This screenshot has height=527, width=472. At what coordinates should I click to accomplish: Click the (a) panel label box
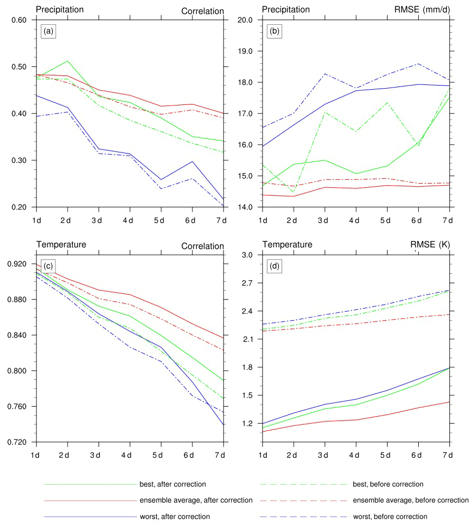[49, 31]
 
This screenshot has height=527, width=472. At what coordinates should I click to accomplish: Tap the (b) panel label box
[274, 31]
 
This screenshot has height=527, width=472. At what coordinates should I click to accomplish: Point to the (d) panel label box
[274, 266]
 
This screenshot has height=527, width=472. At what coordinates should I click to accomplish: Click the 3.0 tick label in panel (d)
[248, 255]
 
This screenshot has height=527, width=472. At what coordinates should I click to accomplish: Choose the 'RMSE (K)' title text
[429, 245]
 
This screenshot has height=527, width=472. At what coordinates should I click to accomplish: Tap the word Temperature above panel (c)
[61, 245]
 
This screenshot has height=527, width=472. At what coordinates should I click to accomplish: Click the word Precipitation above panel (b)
[286, 9]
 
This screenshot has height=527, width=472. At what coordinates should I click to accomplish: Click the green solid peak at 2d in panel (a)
[68, 61]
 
